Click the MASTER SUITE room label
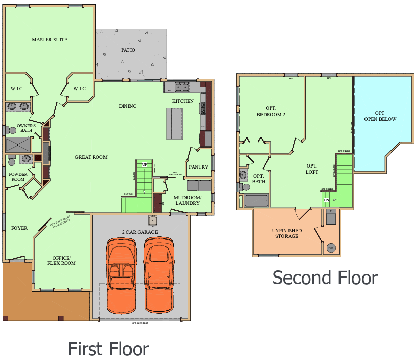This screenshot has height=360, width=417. click(49, 40)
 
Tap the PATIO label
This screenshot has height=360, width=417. click(128, 50)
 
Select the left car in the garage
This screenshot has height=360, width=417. click(121, 275)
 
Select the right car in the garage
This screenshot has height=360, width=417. click(159, 275)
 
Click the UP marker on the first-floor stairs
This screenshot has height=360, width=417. click(145, 164)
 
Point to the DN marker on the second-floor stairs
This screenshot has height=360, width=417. click(326, 200)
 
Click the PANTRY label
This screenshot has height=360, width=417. click(198, 167)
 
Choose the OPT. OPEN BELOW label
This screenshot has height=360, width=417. click(380, 116)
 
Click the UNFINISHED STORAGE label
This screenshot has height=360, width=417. click(286, 233)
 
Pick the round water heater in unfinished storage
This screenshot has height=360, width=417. click(330, 248)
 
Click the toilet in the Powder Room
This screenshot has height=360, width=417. click(11, 162)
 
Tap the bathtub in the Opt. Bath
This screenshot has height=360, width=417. click(259, 200)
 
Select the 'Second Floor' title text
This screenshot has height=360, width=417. click(325, 278)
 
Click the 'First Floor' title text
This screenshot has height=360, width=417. click(108, 349)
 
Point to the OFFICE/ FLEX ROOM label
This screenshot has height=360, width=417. click(62, 260)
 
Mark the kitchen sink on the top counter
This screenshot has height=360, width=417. click(181, 87)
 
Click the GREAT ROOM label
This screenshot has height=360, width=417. click(91, 157)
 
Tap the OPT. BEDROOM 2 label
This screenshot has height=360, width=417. click(271, 112)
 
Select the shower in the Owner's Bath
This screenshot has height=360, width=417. click(17, 145)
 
